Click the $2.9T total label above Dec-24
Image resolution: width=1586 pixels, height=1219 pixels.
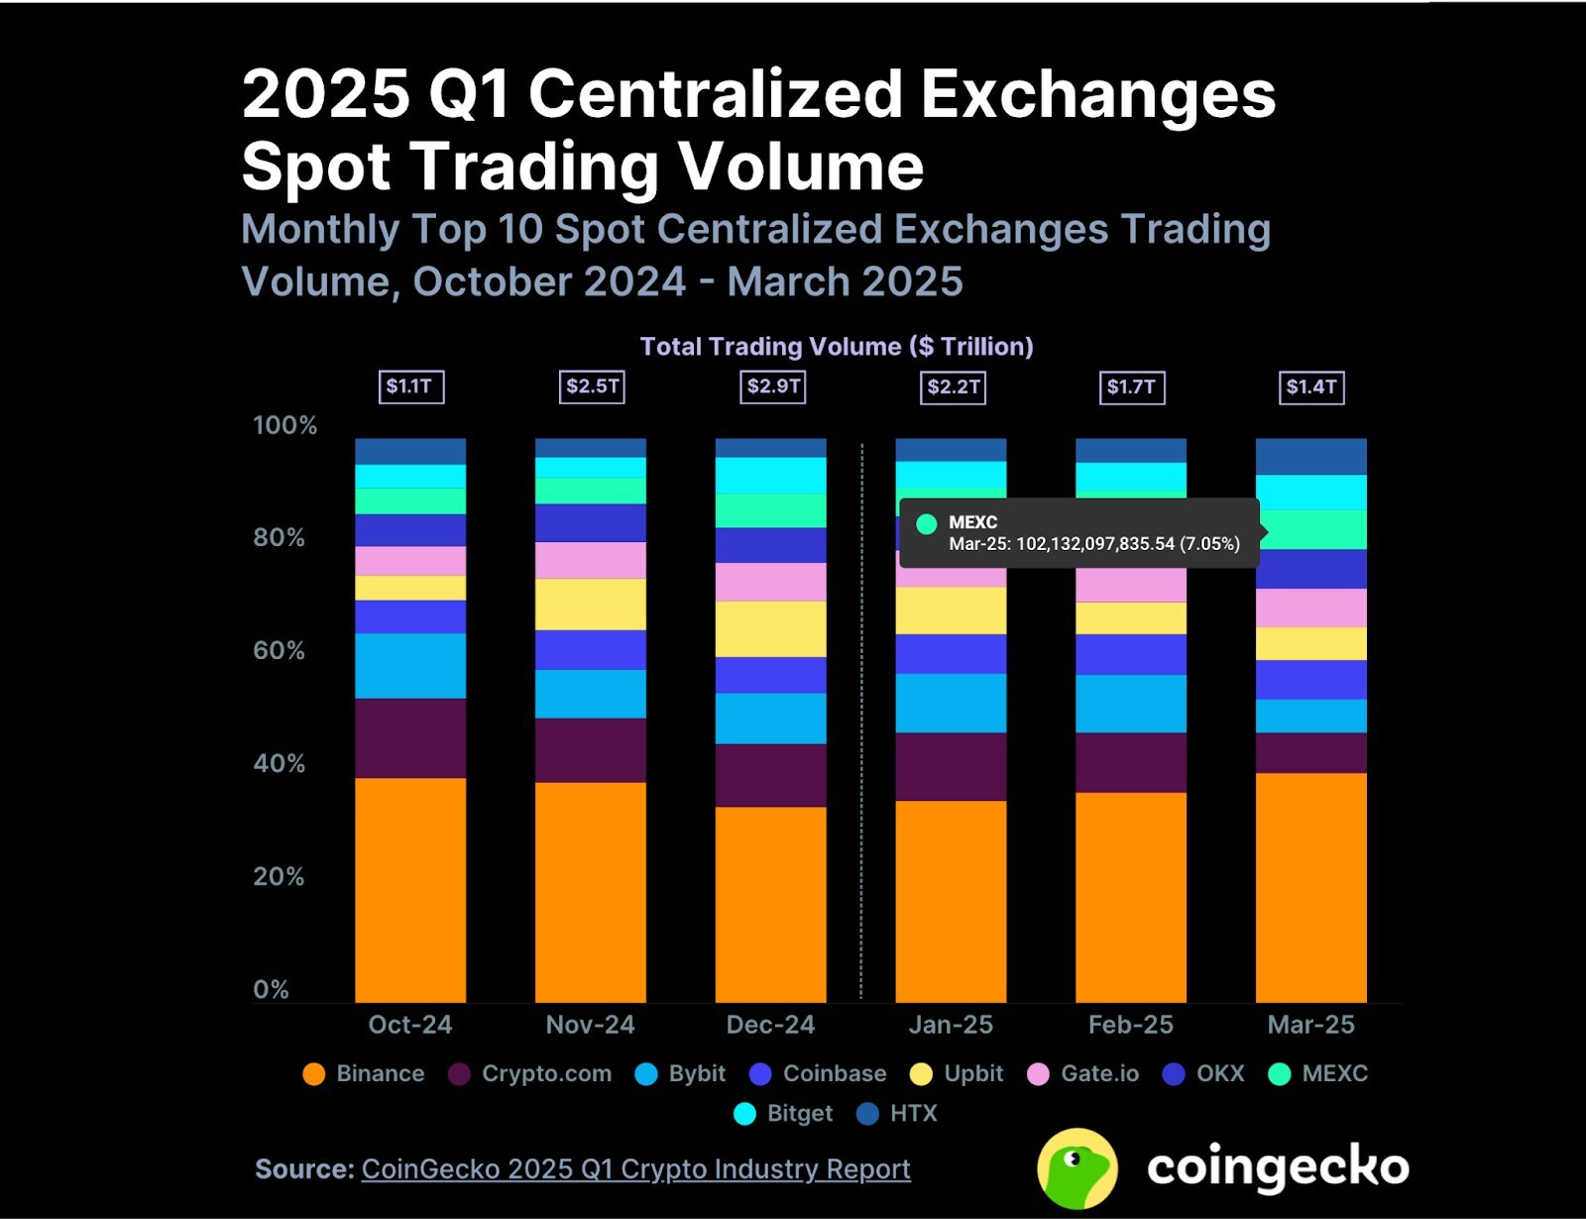773,387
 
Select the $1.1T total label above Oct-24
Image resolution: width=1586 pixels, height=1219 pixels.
411,387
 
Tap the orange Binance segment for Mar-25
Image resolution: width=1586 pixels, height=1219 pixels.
1310,887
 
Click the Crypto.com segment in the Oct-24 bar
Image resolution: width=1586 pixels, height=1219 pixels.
410,738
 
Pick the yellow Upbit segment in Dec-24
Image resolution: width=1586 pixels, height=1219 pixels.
770,629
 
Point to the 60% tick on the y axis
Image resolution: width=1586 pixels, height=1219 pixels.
279,651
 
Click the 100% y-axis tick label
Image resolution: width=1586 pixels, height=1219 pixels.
284,425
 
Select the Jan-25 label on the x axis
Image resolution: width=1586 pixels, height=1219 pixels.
951,1025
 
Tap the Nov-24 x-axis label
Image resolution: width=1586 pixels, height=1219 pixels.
590,1025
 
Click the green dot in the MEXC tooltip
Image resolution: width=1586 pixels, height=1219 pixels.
927,524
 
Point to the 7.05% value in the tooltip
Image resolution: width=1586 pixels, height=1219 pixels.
1209,544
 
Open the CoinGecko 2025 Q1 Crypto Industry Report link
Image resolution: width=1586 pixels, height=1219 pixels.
635,1169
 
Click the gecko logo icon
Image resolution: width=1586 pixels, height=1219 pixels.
1077,1168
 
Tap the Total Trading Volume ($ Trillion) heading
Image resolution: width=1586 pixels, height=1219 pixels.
836,347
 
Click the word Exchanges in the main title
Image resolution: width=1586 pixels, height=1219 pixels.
1098,95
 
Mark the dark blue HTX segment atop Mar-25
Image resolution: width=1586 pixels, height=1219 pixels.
1310,457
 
